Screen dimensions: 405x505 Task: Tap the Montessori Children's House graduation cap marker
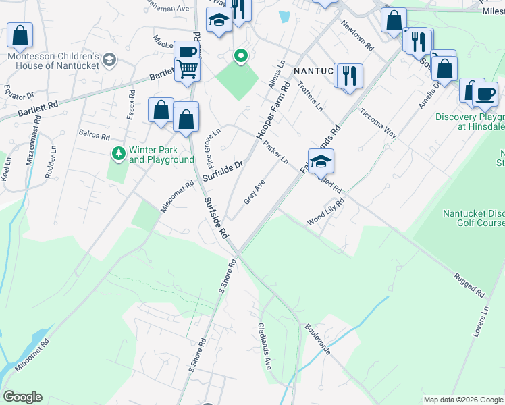[x=109, y=61]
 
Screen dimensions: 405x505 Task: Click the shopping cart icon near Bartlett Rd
[x=187, y=68]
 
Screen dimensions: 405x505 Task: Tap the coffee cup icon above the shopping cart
[x=187, y=51]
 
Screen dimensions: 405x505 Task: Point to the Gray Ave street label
[x=255, y=190]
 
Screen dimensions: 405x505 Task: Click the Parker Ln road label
[x=276, y=153]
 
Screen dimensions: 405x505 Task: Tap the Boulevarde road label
[x=317, y=340]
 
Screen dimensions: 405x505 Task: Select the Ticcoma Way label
[x=377, y=122]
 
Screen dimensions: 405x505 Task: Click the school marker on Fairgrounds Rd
[x=321, y=161]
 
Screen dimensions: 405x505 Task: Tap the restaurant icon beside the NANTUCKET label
[x=348, y=75]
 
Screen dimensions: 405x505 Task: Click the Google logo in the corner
[x=22, y=397]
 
